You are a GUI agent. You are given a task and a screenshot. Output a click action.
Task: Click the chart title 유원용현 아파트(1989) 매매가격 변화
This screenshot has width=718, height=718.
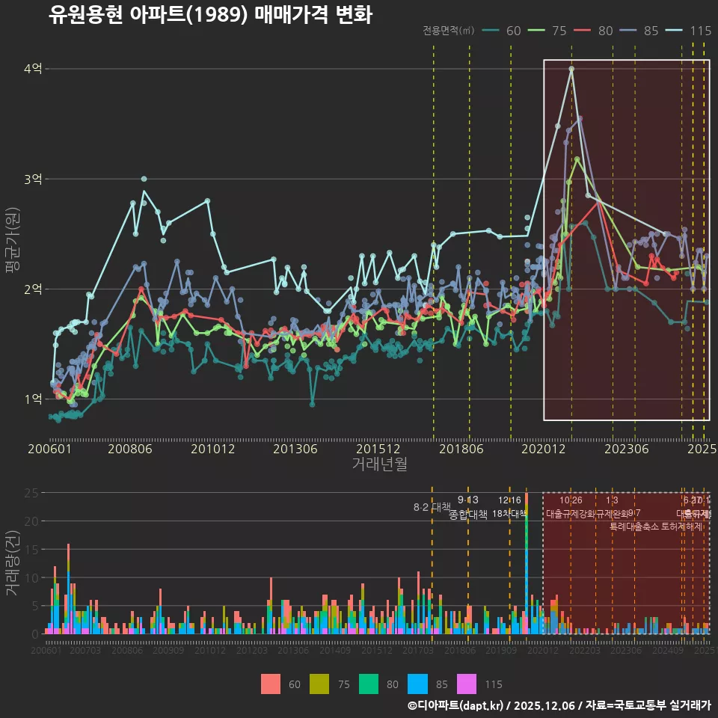coord(210,15)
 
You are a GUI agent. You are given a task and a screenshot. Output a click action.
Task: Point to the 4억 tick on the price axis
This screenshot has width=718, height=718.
coord(34,69)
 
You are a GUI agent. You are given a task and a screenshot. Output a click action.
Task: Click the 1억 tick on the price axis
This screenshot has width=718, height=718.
coord(34,399)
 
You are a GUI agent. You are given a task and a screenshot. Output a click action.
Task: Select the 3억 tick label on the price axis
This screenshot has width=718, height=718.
coord(34,179)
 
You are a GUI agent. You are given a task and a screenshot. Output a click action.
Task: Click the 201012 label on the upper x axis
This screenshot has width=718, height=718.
coord(213,449)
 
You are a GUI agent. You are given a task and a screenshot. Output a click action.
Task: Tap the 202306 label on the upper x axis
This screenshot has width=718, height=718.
coord(626,449)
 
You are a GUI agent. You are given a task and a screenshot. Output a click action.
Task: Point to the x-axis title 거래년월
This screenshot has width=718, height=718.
coord(379,464)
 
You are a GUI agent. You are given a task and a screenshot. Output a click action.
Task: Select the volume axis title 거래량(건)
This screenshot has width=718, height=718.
coord(13,563)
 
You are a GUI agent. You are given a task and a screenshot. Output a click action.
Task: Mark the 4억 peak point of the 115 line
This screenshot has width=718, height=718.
coord(571,69)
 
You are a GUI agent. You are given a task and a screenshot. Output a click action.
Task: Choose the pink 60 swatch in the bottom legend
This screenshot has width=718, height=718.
coord(271,684)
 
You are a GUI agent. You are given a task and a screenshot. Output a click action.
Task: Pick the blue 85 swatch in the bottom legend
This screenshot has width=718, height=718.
coord(417,684)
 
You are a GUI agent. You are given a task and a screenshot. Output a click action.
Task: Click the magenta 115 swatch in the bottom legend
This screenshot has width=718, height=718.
coord(467,684)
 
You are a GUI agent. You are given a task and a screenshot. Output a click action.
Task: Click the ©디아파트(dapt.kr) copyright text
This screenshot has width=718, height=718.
coord(455,705)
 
